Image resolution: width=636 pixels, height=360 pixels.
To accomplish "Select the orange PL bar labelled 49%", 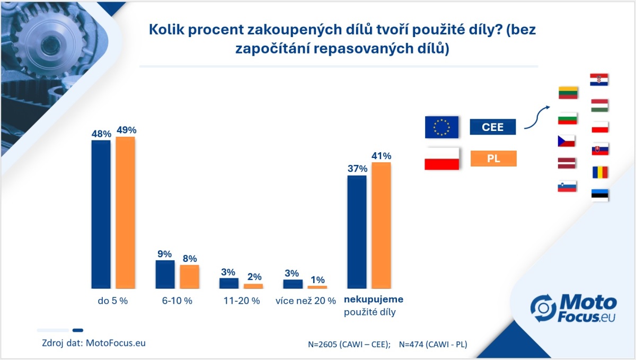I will point(126,212).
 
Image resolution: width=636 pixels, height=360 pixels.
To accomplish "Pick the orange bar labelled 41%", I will point(381,225).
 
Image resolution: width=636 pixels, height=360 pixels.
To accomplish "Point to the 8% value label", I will point(189,259).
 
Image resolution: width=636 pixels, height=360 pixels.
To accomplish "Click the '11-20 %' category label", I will point(241,301).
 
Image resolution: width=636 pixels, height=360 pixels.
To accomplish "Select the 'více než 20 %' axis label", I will point(306,301).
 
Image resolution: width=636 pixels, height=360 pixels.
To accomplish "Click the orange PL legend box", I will point(493,158).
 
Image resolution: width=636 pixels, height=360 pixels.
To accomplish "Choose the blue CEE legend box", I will point(493,127).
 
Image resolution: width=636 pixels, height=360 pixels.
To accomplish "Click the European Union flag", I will point(441,127).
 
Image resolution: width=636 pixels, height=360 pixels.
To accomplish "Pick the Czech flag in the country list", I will point(567,141).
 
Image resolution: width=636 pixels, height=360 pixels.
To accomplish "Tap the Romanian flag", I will point(599,172).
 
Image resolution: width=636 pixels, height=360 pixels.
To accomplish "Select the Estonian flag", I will point(599,195).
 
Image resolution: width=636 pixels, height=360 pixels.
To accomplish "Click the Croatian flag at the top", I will point(599,80).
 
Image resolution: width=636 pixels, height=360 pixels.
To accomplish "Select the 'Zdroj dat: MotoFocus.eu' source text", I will point(94,343).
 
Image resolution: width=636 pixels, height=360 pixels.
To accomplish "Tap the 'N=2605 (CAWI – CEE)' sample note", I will point(349,344).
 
